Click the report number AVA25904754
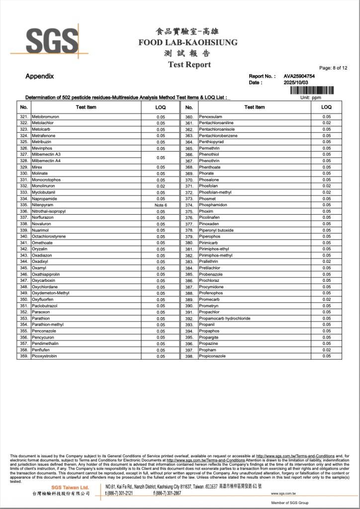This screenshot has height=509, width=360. point(299,76)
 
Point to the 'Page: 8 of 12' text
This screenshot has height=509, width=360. point(333,68)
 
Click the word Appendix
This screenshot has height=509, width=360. point(40,77)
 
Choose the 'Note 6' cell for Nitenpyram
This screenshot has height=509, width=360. point(161,205)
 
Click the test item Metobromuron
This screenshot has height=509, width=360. point(45,117)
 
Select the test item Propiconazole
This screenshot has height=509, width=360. point(212,356)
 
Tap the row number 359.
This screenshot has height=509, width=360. point(24,356)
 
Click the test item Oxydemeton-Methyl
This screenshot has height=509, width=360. point(50,293)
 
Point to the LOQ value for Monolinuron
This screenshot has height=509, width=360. point(161,186)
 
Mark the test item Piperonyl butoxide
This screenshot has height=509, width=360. point(217,230)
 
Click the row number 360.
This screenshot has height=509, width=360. point(189,117)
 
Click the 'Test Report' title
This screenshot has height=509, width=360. point(189,65)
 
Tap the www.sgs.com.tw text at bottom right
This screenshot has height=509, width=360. point(283,494)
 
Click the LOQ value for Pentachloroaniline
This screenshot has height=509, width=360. point(326,123)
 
